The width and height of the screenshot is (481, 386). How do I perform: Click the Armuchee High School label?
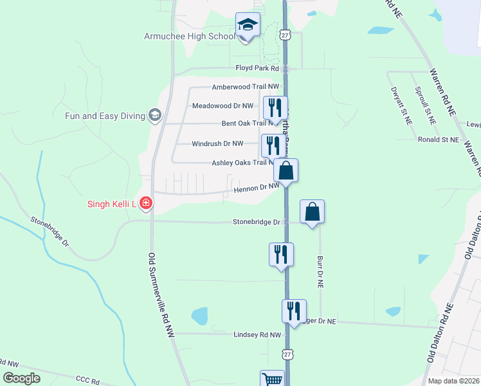click(x=189, y=36)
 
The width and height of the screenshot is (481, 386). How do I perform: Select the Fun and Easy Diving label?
click(x=105, y=116)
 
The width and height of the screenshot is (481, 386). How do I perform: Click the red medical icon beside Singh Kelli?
click(x=146, y=204)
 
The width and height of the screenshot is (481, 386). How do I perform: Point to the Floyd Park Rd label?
click(x=258, y=68)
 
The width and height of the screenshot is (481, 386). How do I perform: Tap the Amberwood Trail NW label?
click(x=246, y=86)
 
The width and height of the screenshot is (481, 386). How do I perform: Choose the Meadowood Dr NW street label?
click(x=222, y=106)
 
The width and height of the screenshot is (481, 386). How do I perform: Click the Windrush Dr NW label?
click(x=218, y=143)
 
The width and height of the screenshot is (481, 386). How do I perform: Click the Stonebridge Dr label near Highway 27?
click(x=257, y=222)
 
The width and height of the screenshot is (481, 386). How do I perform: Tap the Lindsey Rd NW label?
click(x=257, y=335)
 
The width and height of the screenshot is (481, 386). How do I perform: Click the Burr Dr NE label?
click(x=320, y=270)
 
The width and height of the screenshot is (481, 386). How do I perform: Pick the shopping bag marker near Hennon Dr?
click(x=286, y=171)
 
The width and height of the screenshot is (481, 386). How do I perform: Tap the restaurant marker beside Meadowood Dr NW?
click(x=275, y=108)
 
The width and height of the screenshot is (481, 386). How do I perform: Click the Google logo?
click(x=21, y=378)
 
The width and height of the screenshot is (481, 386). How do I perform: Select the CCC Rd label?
click(x=87, y=380)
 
